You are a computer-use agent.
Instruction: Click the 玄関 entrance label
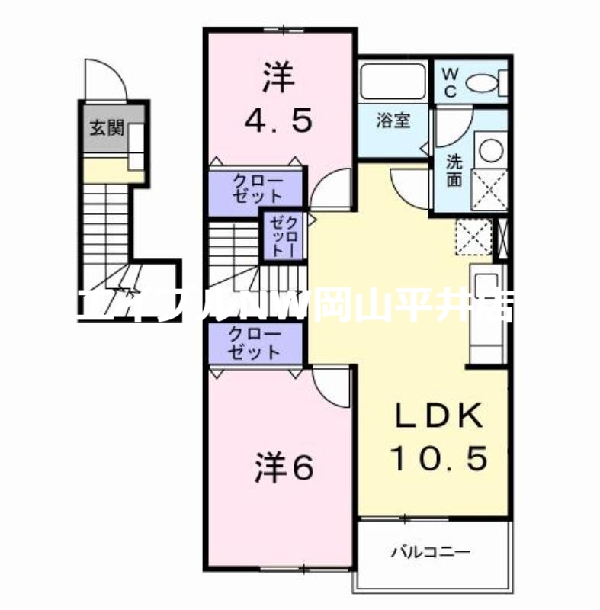(106, 127)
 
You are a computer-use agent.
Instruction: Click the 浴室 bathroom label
(393, 123)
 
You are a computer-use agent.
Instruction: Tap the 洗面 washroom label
(455, 172)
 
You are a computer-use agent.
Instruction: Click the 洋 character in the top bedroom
(279, 77)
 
